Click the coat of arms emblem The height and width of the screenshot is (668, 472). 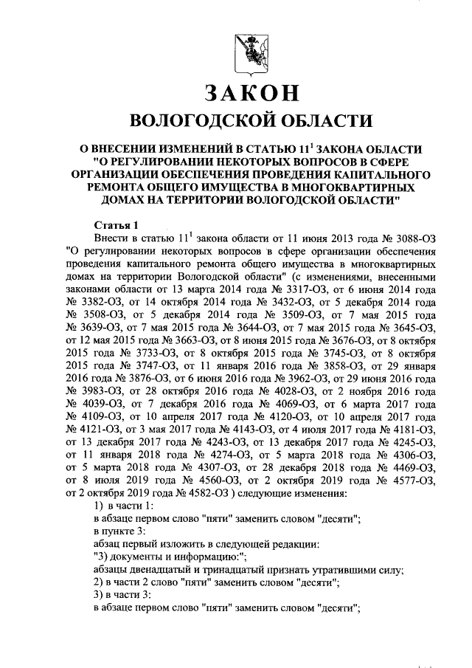(x=244, y=47)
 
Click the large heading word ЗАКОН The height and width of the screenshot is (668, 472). (x=244, y=93)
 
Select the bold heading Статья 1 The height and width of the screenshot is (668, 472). (x=116, y=224)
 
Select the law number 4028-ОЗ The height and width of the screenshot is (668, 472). (x=277, y=385)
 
